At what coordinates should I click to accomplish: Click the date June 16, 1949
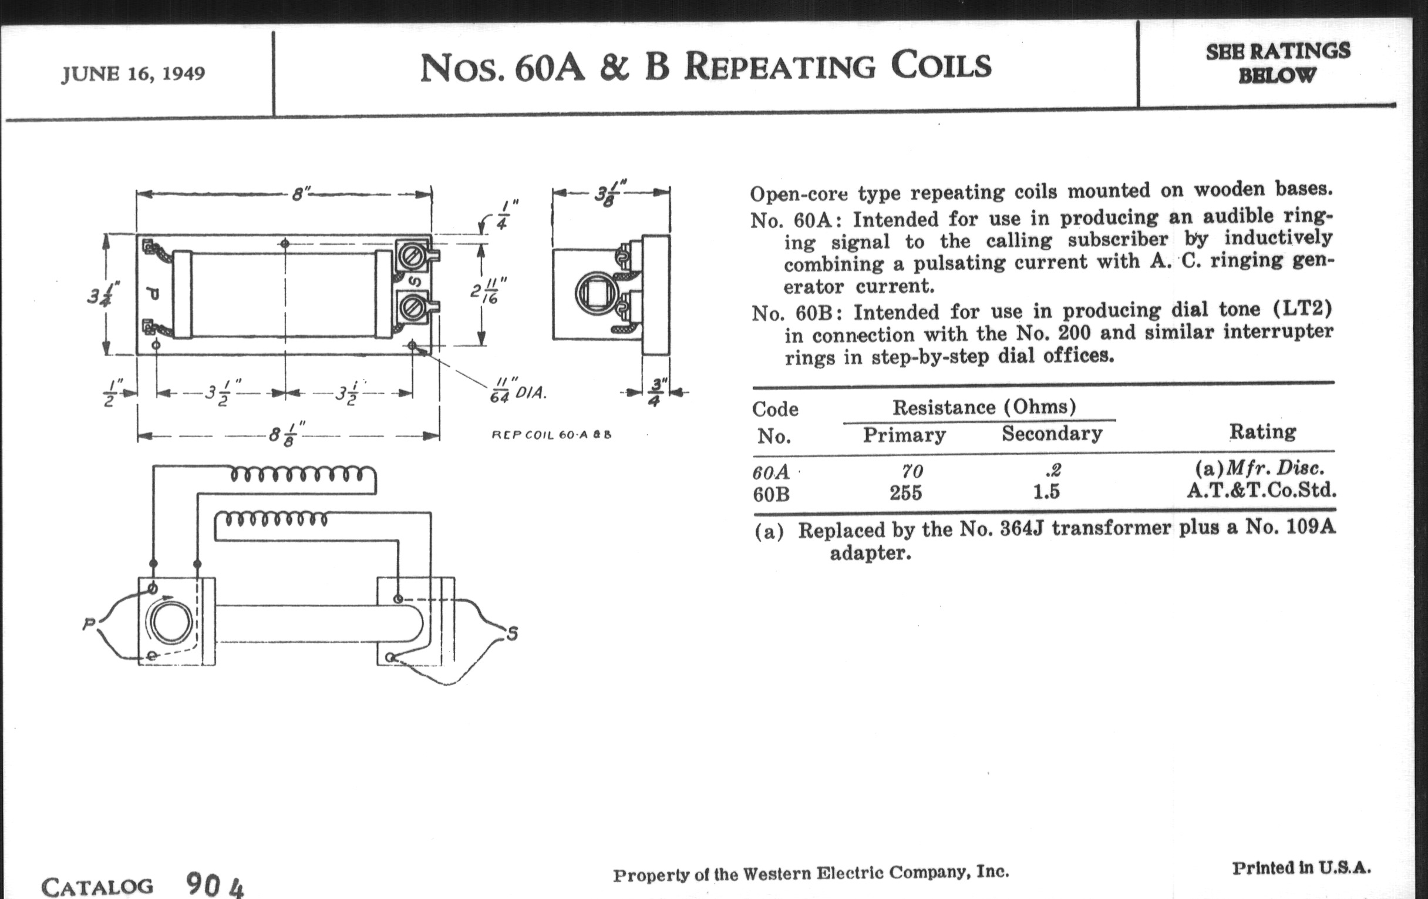pyautogui.click(x=133, y=74)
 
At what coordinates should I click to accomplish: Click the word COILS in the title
pyautogui.click(x=941, y=66)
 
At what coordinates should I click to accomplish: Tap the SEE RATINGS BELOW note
pyautogui.click(x=1277, y=63)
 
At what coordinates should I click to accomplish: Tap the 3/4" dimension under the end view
pyautogui.click(x=655, y=393)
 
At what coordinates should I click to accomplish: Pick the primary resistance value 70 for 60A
pyautogui.click(x=912, y=471)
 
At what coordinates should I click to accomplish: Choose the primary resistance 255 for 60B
pyautogui.click(x=905, y=493)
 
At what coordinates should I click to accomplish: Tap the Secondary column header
pyautogui.click(x=1052, y=434)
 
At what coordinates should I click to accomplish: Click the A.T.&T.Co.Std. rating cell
pyautogui.click(x=1261, y=490)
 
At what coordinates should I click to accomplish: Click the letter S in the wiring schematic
pyautogui.click(x=513, y=634)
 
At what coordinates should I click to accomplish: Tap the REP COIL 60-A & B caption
pyautogui.click(x=551, y=434)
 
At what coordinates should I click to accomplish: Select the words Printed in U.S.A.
pyautogui.click(x=1301, y=867)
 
